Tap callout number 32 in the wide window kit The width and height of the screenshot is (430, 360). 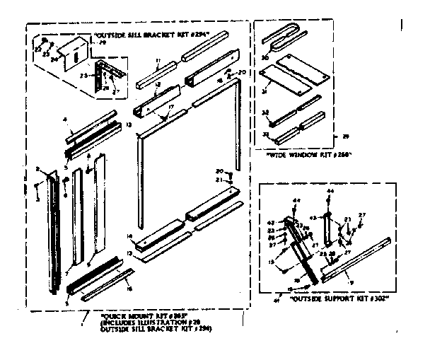click(x=266, y=112)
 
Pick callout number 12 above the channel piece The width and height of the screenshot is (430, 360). click(x=156, y=85)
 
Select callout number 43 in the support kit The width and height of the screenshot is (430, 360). click(x=314, y=217)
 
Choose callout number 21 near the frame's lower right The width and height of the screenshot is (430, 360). click(x=221, y=181)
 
